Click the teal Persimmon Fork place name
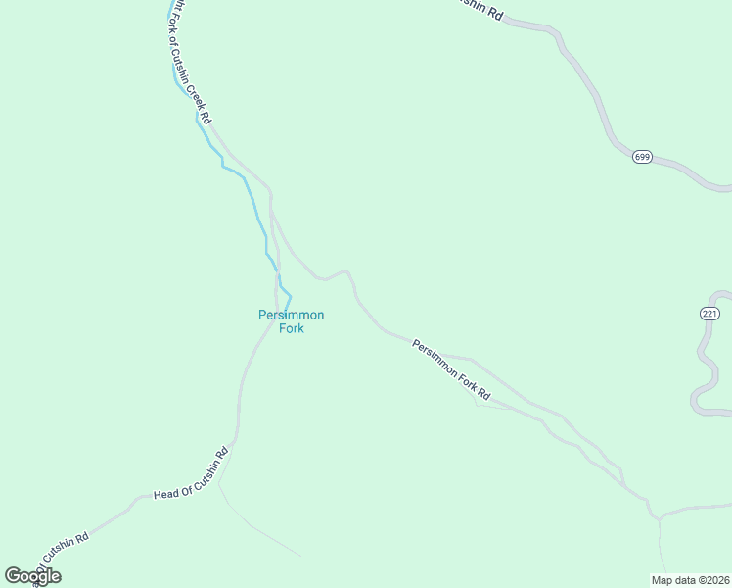291,321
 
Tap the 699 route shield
642,157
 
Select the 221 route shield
709,313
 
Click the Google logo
32,576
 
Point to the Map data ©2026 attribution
690,579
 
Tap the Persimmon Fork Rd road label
451,369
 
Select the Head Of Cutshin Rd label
191,473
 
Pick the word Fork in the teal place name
291,329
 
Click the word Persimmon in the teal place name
291,315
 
